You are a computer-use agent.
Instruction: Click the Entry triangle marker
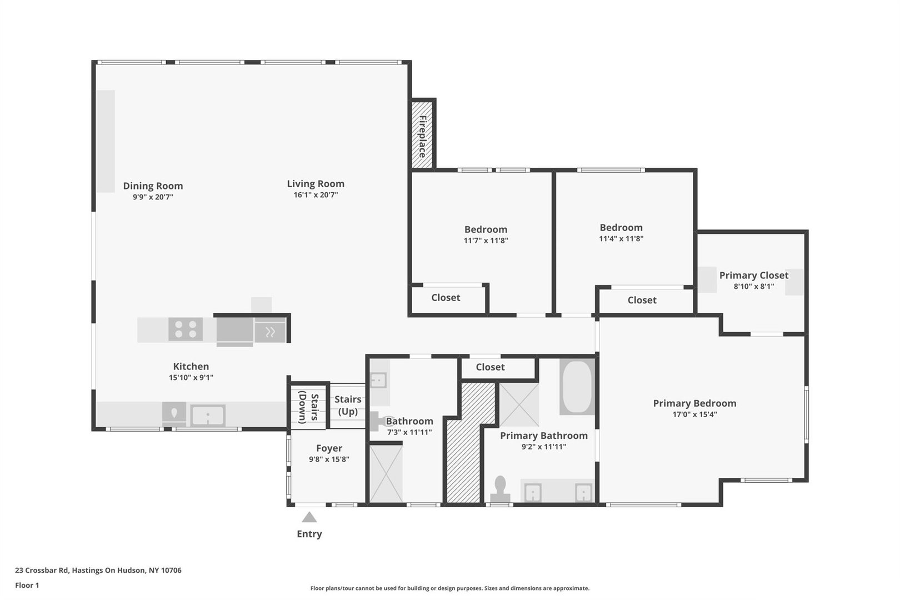309,517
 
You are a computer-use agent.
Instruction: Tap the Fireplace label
423,136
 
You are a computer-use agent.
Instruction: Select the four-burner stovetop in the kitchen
186,329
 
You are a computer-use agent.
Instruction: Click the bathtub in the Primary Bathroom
577,387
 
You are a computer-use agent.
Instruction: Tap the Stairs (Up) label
348,406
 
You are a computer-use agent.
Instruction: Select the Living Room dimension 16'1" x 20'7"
316,195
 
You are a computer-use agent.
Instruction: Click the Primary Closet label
753,276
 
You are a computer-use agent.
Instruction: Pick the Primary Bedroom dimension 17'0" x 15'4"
694,414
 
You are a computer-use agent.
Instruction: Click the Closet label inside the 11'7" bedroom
446,298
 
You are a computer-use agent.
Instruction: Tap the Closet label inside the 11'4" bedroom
642,300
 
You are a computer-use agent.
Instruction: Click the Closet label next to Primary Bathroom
490,367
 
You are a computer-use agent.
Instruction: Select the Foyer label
329,448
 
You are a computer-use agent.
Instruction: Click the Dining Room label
153,186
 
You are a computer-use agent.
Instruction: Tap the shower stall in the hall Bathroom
386,474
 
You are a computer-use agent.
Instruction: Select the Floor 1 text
27,585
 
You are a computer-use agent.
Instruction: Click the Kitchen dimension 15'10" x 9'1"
191,378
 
